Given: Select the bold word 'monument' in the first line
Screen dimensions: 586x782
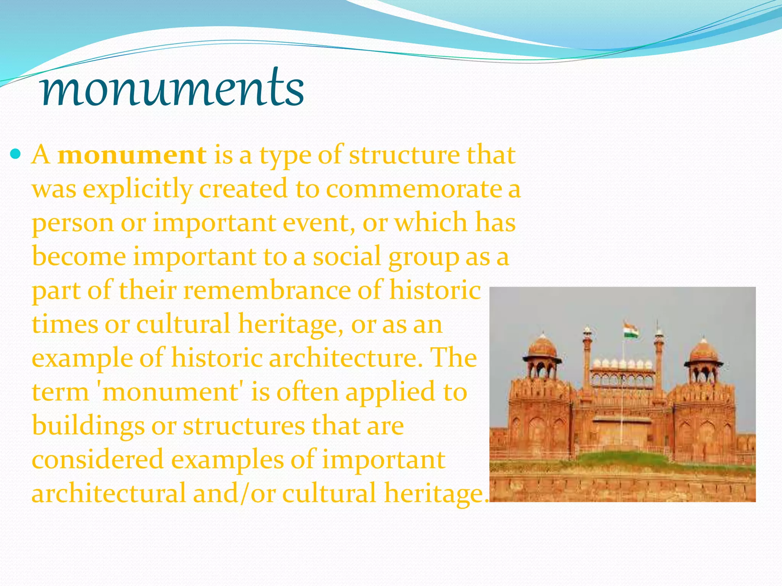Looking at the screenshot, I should pos(132,156).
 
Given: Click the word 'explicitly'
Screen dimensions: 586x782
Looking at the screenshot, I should pos(138,190).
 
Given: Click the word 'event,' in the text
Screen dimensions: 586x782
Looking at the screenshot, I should pos(319,223).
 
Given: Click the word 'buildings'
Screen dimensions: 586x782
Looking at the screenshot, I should pos(88,426).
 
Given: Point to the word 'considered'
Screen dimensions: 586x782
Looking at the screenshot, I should pos(98,460).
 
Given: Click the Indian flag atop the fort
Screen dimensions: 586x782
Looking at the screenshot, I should pos(631,330).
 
